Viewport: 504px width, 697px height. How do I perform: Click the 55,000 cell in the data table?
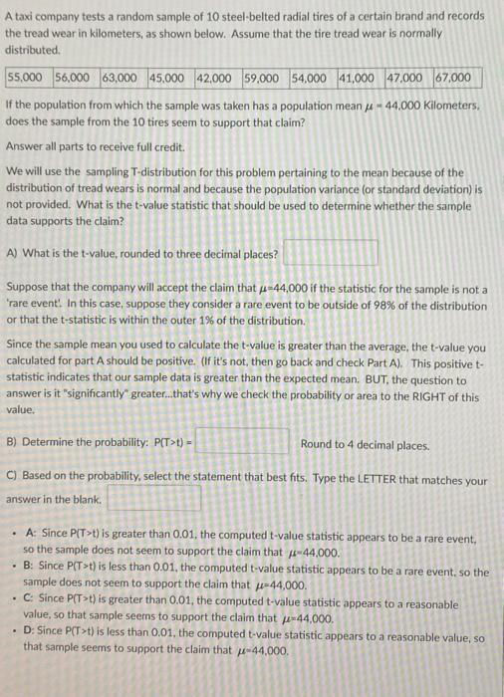[x=29, y=77]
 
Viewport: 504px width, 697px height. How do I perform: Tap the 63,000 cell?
[x=124, y=77]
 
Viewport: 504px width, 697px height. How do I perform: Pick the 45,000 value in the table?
[x=170, y=77]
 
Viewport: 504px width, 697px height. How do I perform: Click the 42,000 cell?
[x=217, y=77]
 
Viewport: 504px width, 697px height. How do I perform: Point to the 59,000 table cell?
[x=265, y=77]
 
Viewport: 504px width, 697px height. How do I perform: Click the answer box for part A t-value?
[x=344, y=253]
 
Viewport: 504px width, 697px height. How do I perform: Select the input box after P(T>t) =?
[x=242, y=440]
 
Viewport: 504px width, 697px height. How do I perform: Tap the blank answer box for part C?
[x=154, y=498]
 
